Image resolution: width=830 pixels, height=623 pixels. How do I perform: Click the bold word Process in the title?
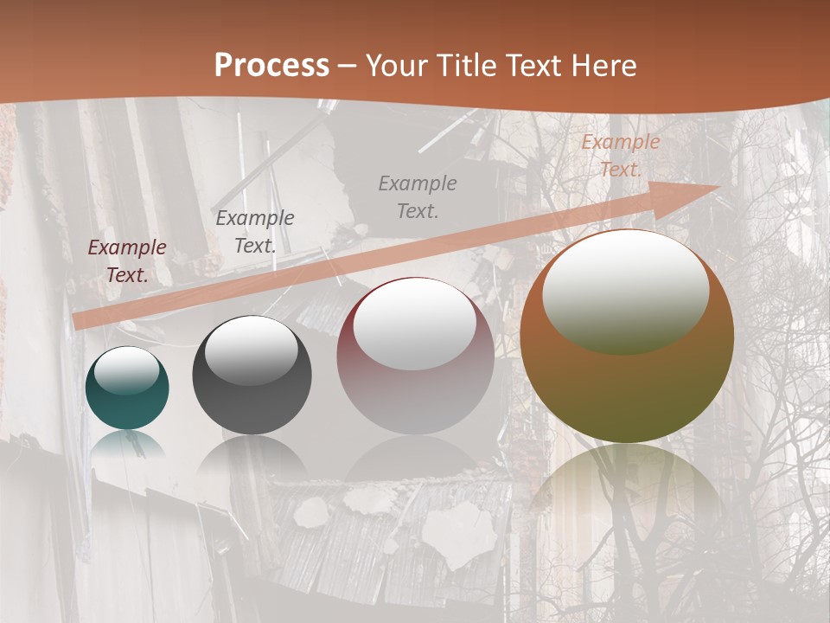tap(271, 66)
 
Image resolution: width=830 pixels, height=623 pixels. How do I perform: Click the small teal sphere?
tap(127, 388)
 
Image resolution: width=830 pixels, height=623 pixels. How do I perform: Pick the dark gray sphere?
tap(252, 376)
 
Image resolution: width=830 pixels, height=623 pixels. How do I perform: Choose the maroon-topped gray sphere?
tap(415, 356)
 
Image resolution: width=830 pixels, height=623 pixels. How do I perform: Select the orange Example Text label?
tap(620, 156)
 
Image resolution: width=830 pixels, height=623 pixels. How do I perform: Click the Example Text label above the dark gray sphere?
tap(255, 231)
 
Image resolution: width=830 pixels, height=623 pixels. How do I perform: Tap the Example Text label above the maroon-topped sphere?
tap(418, 196)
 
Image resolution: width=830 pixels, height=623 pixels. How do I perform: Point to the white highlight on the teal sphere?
tap(127, 370)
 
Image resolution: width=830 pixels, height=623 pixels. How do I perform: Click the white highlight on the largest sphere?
tap(625, 291)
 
